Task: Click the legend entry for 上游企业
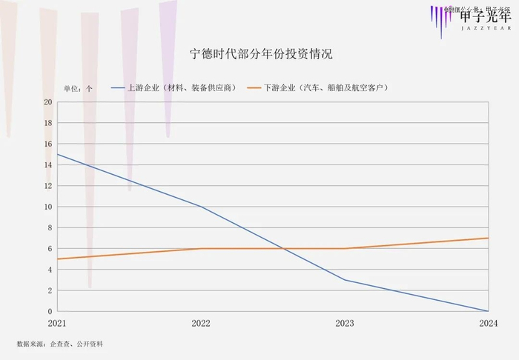coord(174,87)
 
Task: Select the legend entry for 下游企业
coord(319,87)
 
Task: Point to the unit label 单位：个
coord(78,88)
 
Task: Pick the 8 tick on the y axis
coord(50,228)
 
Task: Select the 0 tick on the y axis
coord(50,311)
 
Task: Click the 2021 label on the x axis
coord(58,324)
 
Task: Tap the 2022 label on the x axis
coord(201,324)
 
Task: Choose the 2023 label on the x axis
coord(345,324)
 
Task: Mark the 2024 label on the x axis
coord(488,324)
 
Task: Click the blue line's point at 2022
coord(201,207)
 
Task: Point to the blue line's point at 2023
coord(345,280)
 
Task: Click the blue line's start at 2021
coord(58,154)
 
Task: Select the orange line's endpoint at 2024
coord(488,238)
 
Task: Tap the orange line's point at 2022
coord(201,249)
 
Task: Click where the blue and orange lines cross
coord(283,249)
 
